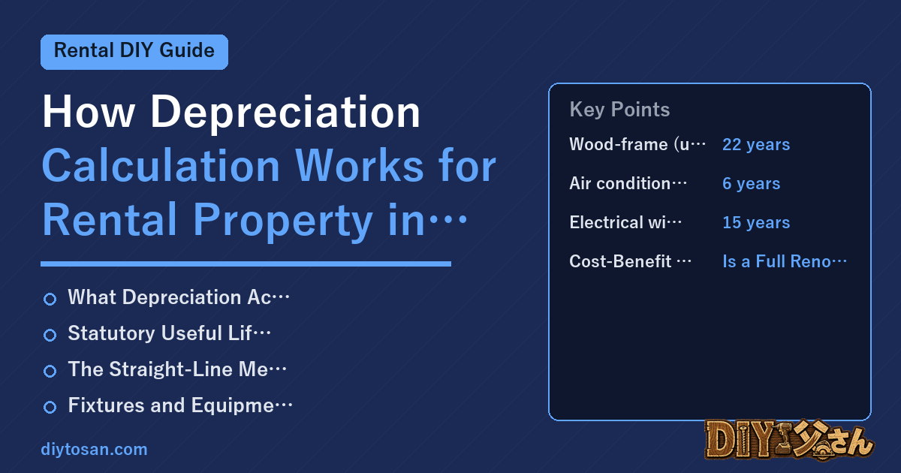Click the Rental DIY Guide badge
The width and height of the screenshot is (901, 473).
click(134, 52)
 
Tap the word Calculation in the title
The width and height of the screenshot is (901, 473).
click(161, 166)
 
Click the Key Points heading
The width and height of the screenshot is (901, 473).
click(619, 110)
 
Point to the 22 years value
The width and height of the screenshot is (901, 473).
click(756, 145)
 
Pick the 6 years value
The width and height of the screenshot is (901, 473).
click(752, 184)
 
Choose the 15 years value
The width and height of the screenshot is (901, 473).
click(756, 222)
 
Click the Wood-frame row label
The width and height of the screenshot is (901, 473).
click(637, 144)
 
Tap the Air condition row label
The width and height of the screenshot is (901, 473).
click(628, 183)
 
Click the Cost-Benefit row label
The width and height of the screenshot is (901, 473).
click(630, 261)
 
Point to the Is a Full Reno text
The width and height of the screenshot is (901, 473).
click(785, 261)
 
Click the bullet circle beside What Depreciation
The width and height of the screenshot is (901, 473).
click(50, 300)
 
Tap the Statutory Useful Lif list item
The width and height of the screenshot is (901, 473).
click(170, 333)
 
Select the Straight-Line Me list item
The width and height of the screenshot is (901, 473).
click(177, 369)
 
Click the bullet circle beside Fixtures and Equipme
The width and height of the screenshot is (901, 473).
click(50, 407)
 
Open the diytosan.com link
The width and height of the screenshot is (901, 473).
click(94, 449)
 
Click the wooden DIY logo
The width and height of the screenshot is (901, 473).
click(790, 439)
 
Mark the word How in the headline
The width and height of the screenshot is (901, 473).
click(88, 112)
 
